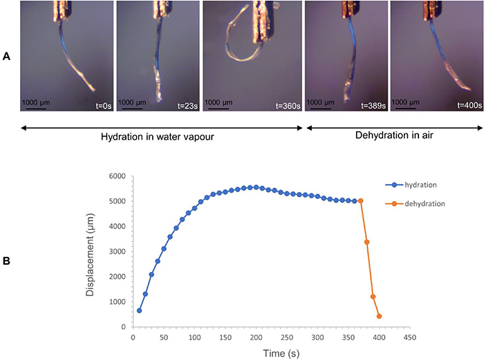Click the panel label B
coord(6,262)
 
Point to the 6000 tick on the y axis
coord(115,176)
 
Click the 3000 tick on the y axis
coord(115,252)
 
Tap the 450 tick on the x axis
coord(410,339)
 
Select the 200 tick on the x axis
coord(256,339)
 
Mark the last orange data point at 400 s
coord(379,316)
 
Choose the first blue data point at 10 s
coord(139,310)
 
